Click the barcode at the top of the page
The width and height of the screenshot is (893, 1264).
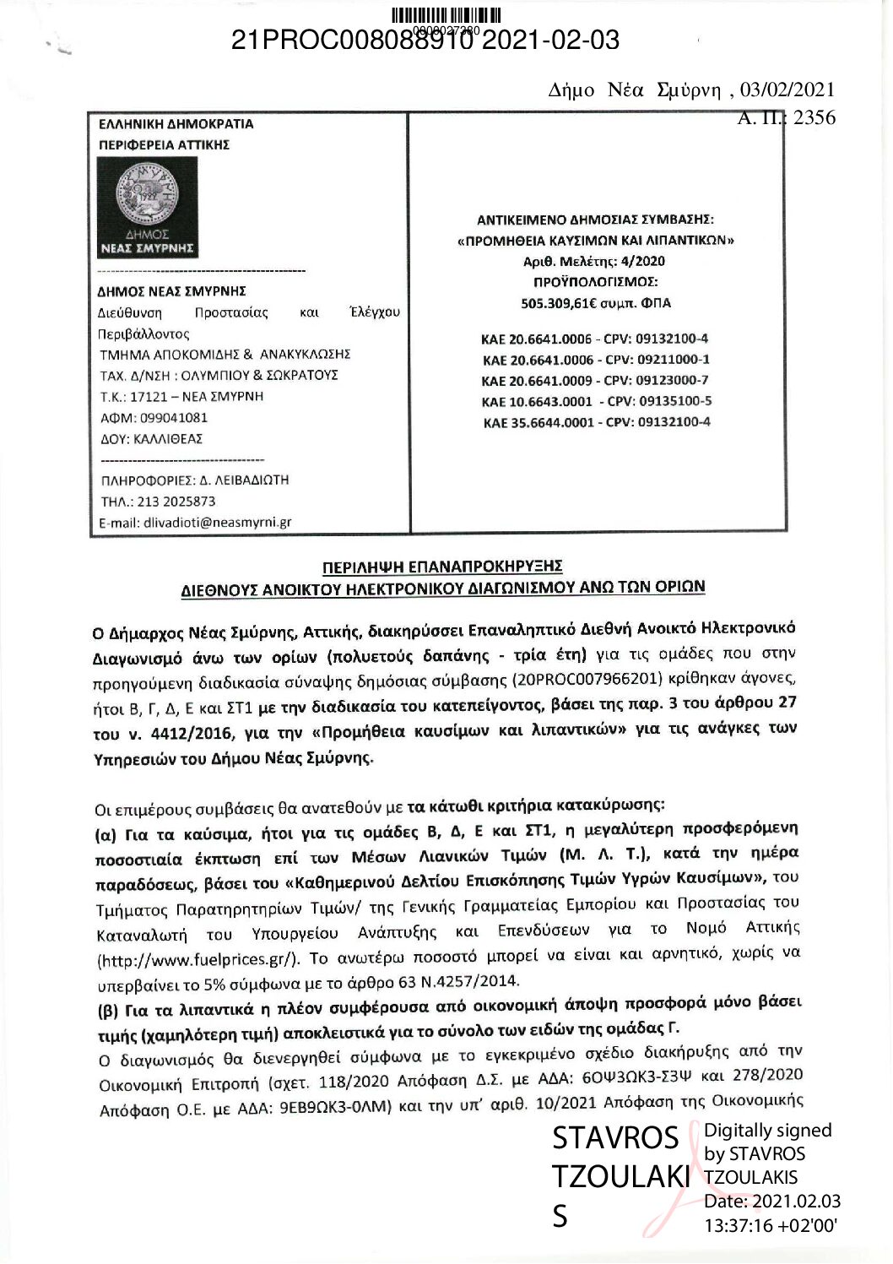[x=447, y=14]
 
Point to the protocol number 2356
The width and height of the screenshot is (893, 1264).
[x=814, y=117]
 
